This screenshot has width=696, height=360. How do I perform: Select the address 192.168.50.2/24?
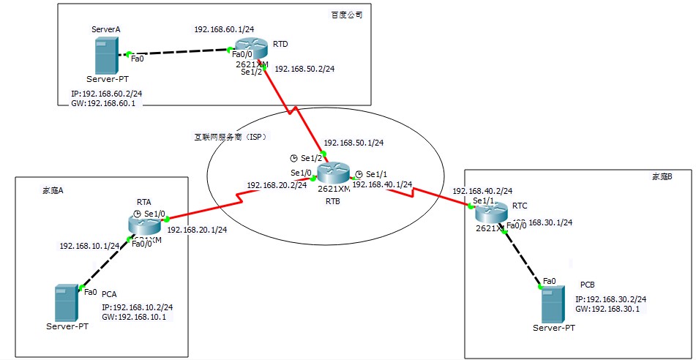click(x=304, y=69)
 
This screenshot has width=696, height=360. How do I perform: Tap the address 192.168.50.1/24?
click(x=354, y=143)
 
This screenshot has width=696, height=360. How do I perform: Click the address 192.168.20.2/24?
click(x=277, y=185)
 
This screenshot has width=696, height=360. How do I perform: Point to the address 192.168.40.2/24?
click(x=482, y=191)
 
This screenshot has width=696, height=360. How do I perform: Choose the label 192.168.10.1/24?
click(x=89, y=246)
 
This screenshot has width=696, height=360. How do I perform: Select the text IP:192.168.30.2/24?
click(x=610, y=299)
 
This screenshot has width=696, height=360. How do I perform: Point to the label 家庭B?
click(x=661, y=176)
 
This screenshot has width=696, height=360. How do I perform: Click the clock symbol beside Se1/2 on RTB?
click(x=293, y=158)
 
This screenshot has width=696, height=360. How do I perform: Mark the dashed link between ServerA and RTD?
click(x=179, y=53)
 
